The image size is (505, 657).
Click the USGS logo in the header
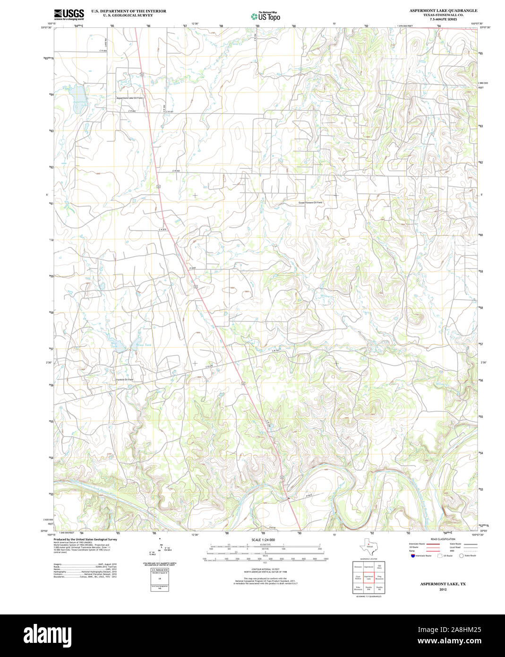point(69,14)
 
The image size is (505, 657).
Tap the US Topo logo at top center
point(265,16)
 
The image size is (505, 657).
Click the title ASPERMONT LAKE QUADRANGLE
point(443,10)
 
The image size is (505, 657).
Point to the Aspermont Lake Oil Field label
point(129,98)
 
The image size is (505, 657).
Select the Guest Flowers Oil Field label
point(310,202)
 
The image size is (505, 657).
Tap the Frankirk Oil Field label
point(125,380)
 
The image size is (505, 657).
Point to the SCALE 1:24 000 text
point(263,540)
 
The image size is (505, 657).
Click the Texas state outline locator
point(368,548)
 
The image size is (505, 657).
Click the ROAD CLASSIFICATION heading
point(443,539)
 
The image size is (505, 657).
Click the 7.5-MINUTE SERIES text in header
point(443,19)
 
